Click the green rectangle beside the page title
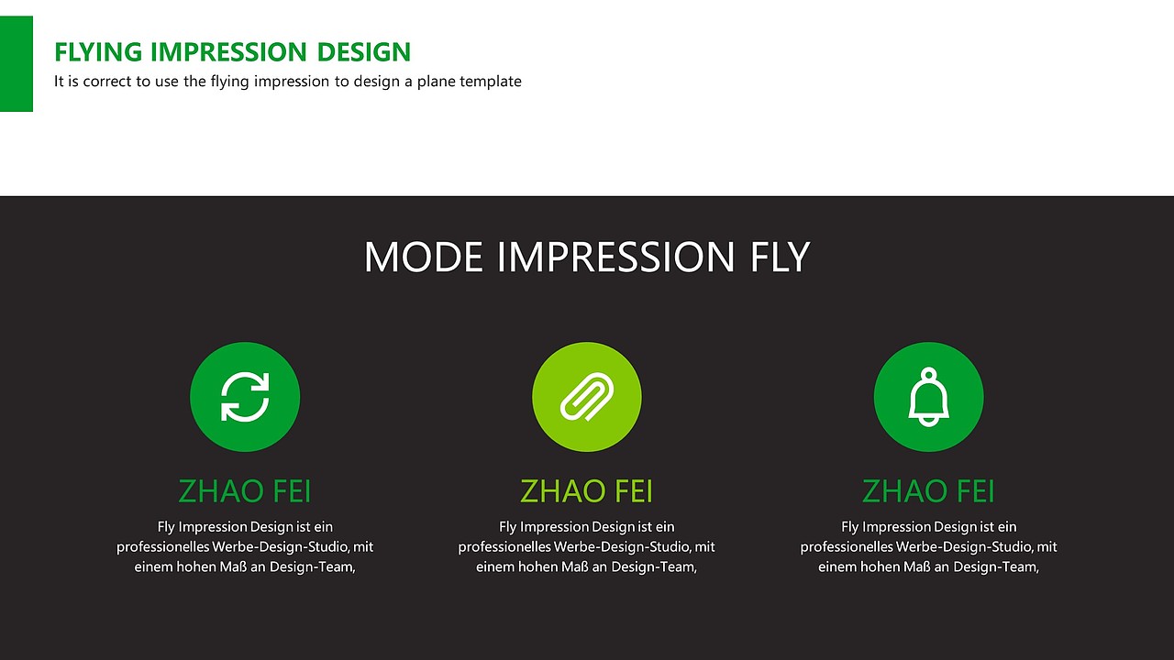[x=17, y=63]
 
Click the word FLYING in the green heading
[x=98, y=52]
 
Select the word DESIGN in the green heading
[x=364, y=52]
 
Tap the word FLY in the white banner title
[x=780, y=257]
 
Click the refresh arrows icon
[x=245, y=397]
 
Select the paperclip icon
[x=586, y=397]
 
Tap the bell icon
[x=928, y=397]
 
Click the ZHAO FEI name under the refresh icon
[x=245, y=491]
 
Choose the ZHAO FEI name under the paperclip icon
[x=586, y=491]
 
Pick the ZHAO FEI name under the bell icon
[x=928, y=491]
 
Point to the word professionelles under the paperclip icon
[x=504, y=547]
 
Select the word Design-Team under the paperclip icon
[x=654, y=566]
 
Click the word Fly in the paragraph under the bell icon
[x=849, y=527]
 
